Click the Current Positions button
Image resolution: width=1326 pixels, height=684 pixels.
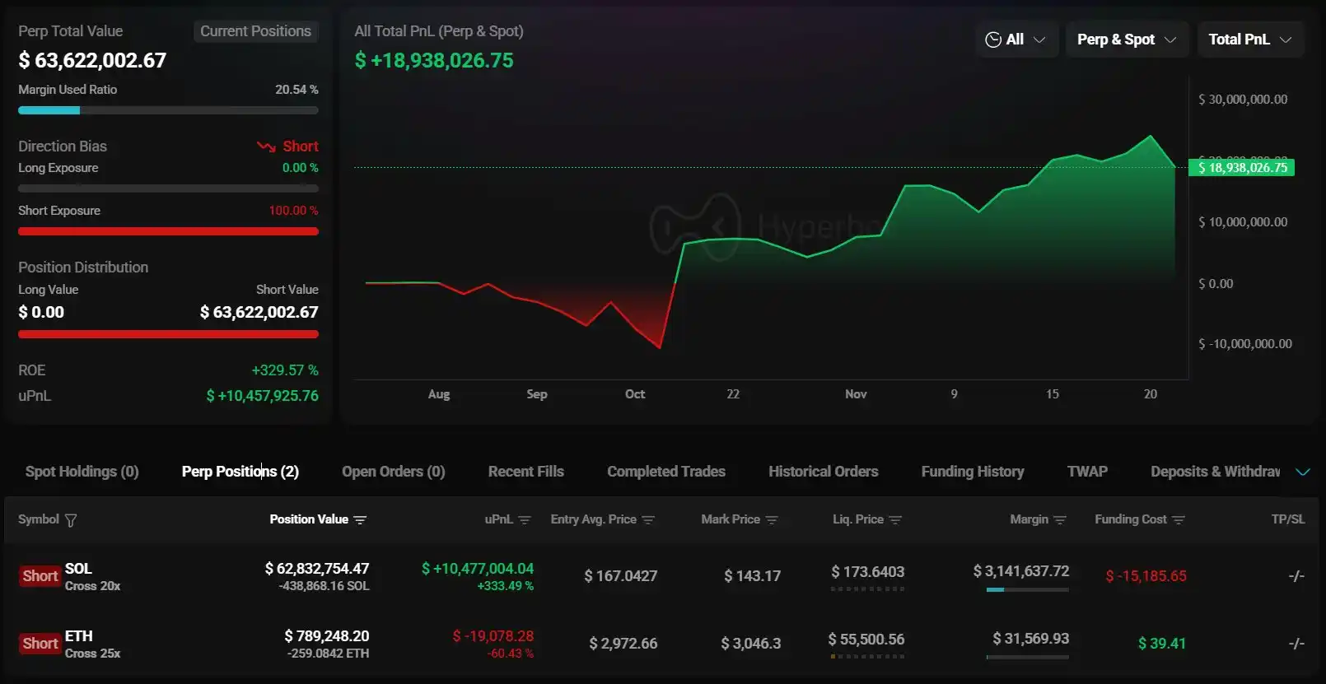coord(255,31)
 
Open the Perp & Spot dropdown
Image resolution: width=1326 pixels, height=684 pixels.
coord(1126,40)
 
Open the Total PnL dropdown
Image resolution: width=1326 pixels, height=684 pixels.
coord(1249,40)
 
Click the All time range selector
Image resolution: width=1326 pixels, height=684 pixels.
coord(1016,40)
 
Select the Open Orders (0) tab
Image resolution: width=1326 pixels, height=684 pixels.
coord(393,472)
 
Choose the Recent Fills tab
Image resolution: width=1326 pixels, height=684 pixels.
coord(525,472)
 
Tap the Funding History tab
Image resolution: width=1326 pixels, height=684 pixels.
coord(972,472)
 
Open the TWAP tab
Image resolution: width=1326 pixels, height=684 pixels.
coord(1086,472)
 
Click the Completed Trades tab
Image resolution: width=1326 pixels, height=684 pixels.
coord(665,472)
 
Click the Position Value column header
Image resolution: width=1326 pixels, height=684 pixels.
coord(317,519)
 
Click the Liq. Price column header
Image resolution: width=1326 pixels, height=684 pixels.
coord(866,519)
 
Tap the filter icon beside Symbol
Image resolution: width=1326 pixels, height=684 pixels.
coord(71,520)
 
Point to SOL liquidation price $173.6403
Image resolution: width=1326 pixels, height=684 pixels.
coord(867,572)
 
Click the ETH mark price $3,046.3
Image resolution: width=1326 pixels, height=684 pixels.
coord(750,644)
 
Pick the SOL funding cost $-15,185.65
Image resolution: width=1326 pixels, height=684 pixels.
coord(1146,576)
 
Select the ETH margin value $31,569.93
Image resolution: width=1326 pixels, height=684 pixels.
coord(1030,639)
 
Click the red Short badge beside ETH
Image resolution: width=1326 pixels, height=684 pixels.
coord(40,644)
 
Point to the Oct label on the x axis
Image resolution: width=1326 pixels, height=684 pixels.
coord(634,394)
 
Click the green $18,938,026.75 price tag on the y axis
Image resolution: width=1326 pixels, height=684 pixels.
coord(1241,168)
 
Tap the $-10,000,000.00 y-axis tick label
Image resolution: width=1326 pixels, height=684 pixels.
coord(1244,344)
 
